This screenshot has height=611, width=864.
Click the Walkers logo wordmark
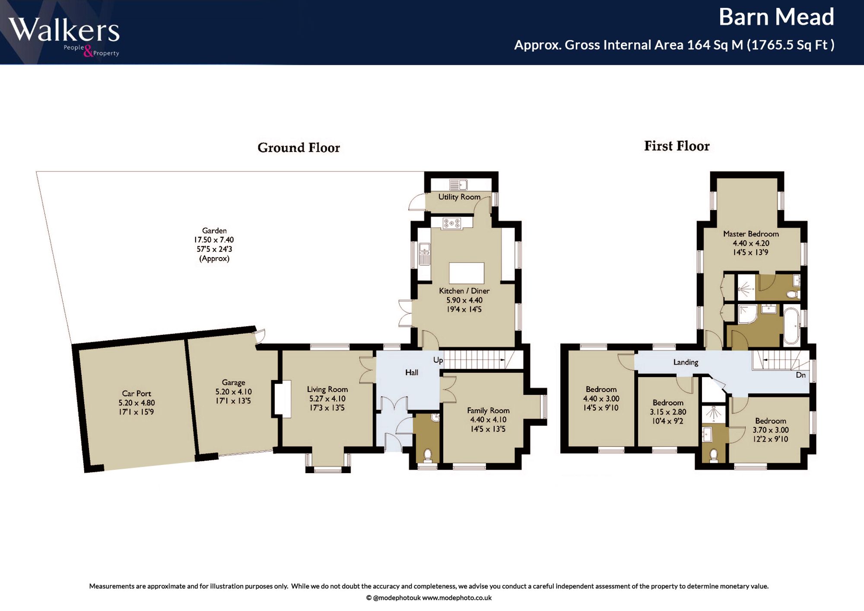[x=64, y=30]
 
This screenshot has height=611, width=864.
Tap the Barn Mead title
[x=776, y=17]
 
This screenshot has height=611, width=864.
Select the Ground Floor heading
[x=299, y=148]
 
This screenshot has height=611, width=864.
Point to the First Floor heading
[x=677, y=146]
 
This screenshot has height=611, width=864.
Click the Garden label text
[x=214, y=231]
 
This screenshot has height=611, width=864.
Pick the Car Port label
[x=137, y=393]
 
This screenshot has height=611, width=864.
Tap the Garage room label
[x=233, y=382]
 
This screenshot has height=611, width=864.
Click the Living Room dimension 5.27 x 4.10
[x=327, y=398]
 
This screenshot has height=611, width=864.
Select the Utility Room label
[x=459, y=197]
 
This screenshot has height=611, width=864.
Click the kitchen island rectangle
[x=467, y=273]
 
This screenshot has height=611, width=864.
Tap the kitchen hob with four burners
[x=452, y=223]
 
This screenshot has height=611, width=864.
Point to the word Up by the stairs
[x=438, y=360]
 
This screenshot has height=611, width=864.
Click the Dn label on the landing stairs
[x=800, y=375]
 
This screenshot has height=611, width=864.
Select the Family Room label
[x=488, y=411]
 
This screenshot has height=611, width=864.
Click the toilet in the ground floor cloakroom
[x=428, y=455]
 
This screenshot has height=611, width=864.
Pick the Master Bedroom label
[x=751, y=234]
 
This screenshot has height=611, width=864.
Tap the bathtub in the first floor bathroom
[x=791, y=326]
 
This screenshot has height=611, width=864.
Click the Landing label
[x=686, y=362]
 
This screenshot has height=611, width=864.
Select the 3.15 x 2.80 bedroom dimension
[x=668, y=412]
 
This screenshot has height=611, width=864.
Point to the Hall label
[x=412, y=372]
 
